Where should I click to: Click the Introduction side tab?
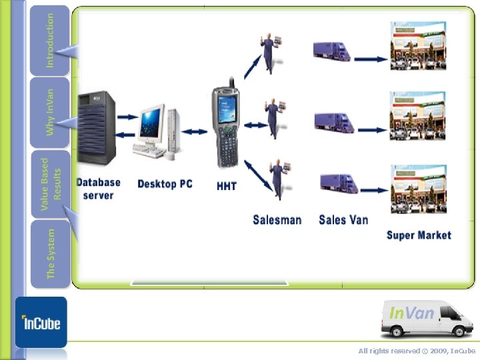49,40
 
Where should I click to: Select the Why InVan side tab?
49,112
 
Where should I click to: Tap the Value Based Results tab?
49,183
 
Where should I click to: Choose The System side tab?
49,254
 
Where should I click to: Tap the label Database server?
98,189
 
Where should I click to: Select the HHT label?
227,186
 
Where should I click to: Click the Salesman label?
277,219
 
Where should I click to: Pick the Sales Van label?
343,219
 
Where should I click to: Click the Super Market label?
419,235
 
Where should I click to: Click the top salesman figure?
272,53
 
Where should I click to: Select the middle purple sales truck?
333,122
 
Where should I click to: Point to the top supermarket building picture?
418,45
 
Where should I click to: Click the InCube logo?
41,323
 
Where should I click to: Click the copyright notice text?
417,351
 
